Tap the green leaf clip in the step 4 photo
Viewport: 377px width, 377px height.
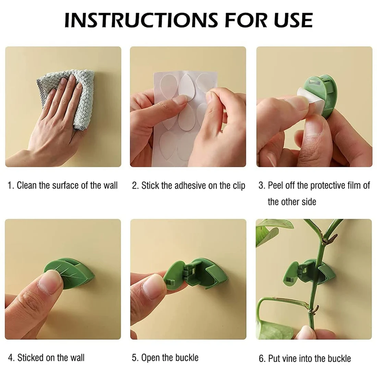[x=70, y=273]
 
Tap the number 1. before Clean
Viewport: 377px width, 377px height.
[x=11, y=185]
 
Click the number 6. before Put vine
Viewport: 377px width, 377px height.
[x=262, y=358]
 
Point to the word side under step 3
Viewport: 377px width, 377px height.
[x=309, y=202]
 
